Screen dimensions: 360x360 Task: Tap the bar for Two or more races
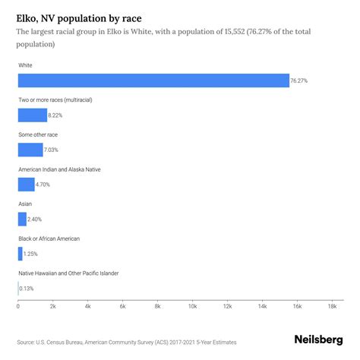[x=33, y=115]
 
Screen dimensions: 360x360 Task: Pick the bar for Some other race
[x=30, y=150]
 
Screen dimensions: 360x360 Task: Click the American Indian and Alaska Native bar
[x=27, y=185]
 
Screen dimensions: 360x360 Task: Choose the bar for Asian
[x=22, y=219]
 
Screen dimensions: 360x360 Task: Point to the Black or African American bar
[x=21, y=253]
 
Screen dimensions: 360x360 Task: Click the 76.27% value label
[x=301, y=81]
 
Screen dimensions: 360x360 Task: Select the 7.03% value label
[x=54, y=150]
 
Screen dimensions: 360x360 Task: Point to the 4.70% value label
[x=46, y=185]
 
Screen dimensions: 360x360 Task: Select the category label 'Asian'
[x=25, y=204]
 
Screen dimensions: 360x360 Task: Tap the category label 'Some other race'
[x=38, y=134]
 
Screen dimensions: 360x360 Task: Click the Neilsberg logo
[x=320, y=341]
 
